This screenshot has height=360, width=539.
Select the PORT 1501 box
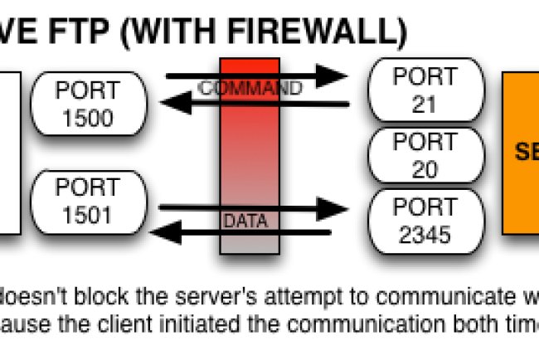88,203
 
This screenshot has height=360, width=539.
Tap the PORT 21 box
425,90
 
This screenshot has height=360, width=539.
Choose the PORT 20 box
425,156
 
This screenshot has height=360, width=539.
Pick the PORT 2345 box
425,221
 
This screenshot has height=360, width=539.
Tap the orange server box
521,153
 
